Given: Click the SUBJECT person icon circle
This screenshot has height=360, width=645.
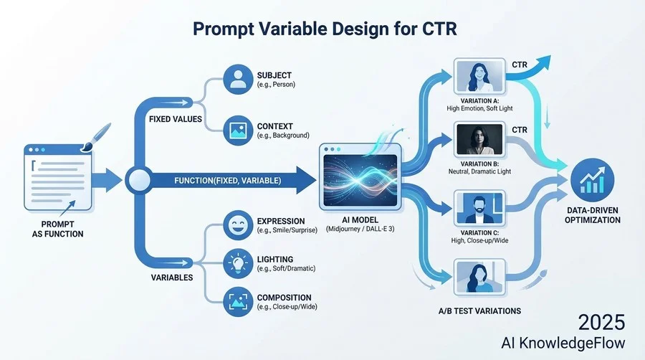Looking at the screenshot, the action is point(238,80).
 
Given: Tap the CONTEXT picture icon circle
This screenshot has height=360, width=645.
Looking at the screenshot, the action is point(238,131).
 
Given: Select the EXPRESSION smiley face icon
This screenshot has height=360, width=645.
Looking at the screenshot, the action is point(238,225).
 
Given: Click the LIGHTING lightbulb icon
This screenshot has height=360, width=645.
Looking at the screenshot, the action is point(238,263).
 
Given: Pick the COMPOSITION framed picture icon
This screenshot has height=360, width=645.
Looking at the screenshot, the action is point(238,302).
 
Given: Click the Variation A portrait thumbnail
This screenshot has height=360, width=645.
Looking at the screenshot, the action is point(479,77).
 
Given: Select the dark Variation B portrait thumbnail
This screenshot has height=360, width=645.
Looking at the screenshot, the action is point(479,140).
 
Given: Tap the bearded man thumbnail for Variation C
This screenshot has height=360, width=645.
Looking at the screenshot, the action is point(479,208).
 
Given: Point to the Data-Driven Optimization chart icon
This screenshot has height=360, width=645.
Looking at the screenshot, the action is point(593,180).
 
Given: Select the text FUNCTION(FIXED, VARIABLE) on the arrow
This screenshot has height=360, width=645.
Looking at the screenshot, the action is point(227,181).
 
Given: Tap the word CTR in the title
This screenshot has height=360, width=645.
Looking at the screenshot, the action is point(439,29).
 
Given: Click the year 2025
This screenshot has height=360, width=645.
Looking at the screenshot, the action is point(601,322).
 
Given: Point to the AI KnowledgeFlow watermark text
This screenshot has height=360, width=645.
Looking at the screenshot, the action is point(563,343).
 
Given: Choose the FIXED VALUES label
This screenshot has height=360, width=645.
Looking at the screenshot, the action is point(176,119).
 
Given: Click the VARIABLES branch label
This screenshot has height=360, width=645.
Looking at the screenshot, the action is point(172,278).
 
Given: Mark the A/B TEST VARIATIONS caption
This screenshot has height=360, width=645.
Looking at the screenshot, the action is point(479,311).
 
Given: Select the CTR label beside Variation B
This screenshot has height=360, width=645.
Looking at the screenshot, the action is point(520,130).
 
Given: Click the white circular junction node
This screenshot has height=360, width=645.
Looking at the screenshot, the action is point(140,180).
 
